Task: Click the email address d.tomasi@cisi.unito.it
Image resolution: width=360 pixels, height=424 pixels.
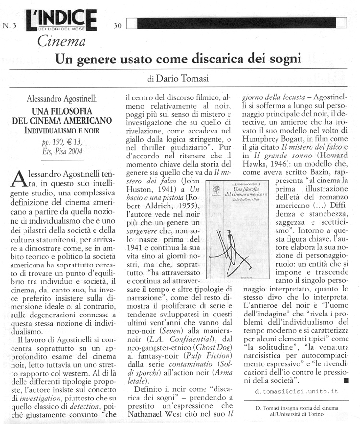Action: [297, 391]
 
